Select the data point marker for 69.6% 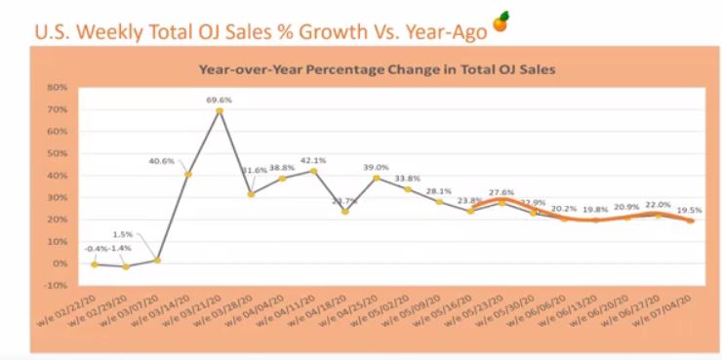coord(220,110)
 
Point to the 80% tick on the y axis coord(55,88)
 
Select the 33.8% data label coord(408,179)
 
